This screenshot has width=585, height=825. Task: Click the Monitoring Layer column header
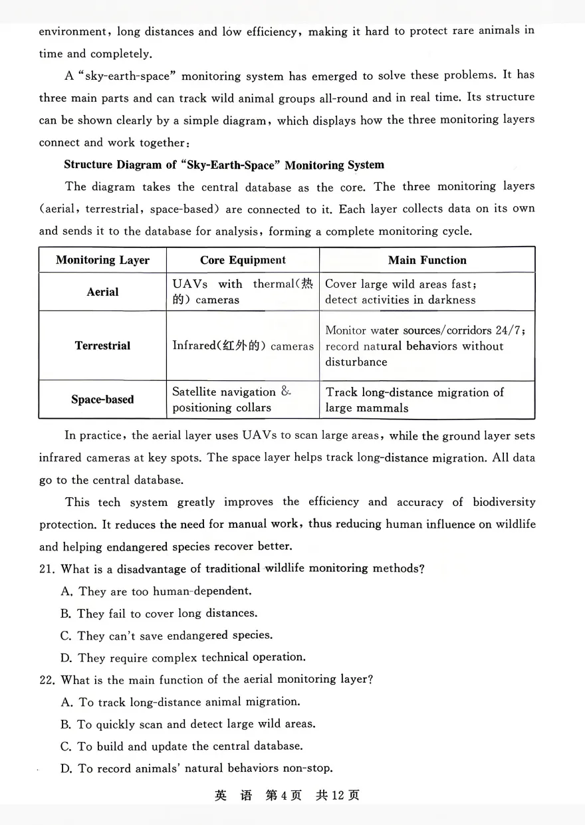tap(102, 260)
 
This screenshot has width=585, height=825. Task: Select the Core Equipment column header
tap(243, 260)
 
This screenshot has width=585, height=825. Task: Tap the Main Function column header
tap(427, 260)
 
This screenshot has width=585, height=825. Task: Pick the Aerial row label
tap(102, 292)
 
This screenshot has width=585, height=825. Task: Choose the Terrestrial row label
tap(102, 346)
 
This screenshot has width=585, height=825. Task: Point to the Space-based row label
tap(102, 400)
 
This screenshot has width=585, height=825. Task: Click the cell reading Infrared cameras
tap(243, 346)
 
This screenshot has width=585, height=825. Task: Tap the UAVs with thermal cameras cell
tap(242, 292)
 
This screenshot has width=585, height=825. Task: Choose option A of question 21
tap(156, 591)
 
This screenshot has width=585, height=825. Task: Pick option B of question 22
tap(187, 724)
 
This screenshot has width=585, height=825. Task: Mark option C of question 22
tap(181, 746)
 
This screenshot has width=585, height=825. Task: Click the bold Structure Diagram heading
tap(224, 165)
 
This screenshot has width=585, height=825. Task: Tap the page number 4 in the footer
tap(282, 796)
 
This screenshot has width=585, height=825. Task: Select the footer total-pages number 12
tap(338, 796)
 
